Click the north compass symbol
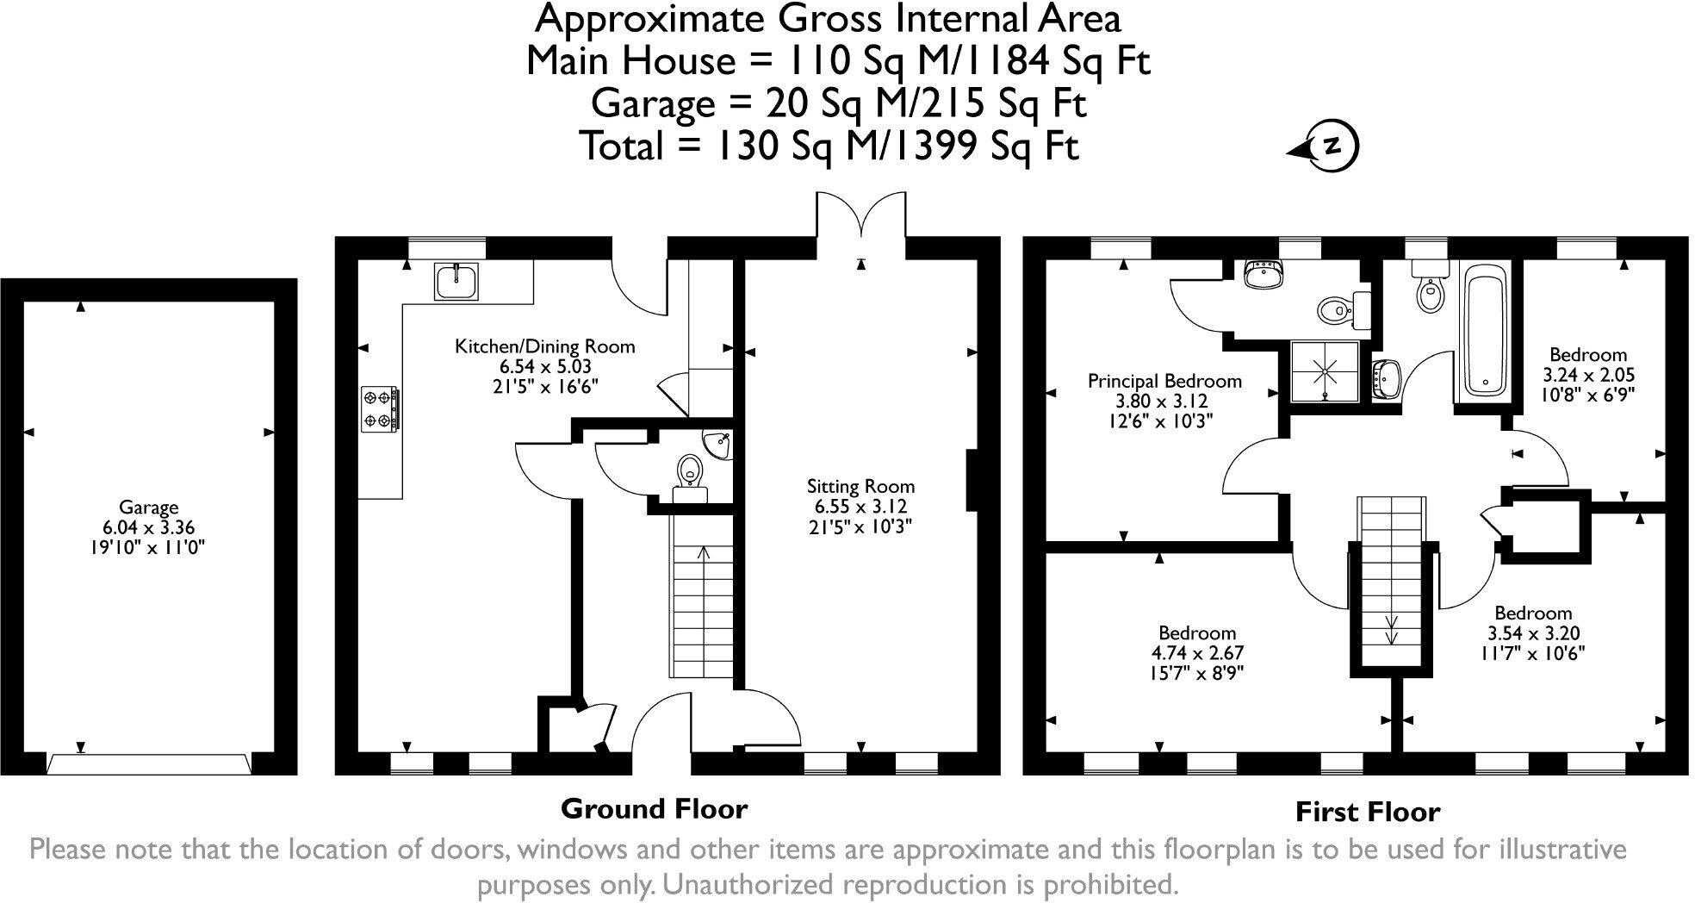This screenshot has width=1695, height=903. click(1332, 146)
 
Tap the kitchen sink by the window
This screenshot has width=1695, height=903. click(456, 282)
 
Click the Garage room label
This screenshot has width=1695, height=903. click(148, 508)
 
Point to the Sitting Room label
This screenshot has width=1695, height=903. click(860, 486)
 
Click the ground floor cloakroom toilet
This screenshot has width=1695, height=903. click(689, 472)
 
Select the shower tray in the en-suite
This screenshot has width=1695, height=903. click(1325, 371)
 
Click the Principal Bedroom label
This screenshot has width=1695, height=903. click(1164, 381)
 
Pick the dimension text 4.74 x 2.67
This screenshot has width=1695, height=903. click(1197, 652)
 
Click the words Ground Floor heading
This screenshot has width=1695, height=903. click(654, 808)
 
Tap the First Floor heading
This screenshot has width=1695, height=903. click(1367, 812)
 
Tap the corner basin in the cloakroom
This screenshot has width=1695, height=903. click(721, 445)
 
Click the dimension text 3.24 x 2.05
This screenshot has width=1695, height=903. click(1587, 375)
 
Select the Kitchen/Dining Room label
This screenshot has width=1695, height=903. click(544, 346)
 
